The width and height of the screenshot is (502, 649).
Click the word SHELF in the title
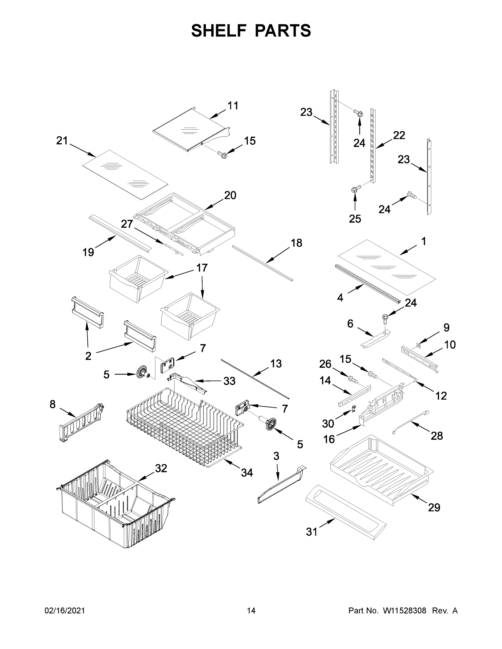(x=219, y=31)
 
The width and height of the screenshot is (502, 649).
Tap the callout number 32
(x=161, y=468)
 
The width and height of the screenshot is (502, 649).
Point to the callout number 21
(x=62, y=141)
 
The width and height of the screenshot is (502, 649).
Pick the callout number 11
(x=233, y=105)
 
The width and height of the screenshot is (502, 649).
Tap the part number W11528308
(x=405, y=611)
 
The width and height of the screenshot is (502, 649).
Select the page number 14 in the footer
(x=251, y=611)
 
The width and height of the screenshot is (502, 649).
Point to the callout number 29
(x=434, y=507)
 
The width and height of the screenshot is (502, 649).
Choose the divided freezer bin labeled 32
(x=116, y=505)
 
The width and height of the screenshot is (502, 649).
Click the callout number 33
(x=229, y=381)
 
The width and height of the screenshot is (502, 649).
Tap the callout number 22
(x=399, y=135)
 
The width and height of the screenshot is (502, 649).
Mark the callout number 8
(x=52, y=404)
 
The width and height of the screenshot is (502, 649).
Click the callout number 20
(x=230, y=195)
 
